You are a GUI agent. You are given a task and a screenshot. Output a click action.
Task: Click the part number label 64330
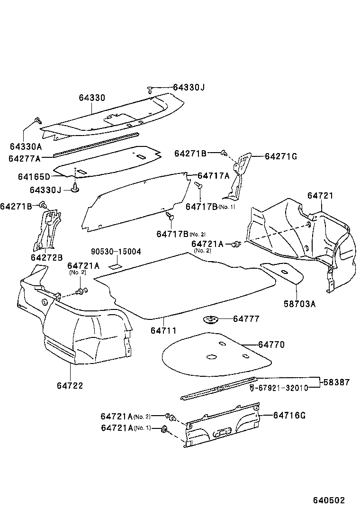tap(92, 98)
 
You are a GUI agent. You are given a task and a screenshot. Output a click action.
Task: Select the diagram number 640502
tap(328, 500)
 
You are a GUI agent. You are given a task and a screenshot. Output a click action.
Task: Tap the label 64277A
tap(25, 158)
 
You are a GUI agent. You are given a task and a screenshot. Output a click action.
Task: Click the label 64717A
tap(213, 176)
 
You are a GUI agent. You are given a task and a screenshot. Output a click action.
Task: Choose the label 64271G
tap(280, 156)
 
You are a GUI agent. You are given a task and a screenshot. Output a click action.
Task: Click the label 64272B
tap(46, 257)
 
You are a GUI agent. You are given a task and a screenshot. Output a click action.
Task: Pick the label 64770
tap(271, 345)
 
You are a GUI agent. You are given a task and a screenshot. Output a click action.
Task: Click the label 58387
tap(337, 382)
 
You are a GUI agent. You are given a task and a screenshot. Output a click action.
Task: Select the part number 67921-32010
tap(283, 388)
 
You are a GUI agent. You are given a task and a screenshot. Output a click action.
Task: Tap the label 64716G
tap(289, 416)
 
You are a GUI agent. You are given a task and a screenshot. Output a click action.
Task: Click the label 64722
tap(70, 385)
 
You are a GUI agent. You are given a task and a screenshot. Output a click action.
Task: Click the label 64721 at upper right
tap(320, 195)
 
